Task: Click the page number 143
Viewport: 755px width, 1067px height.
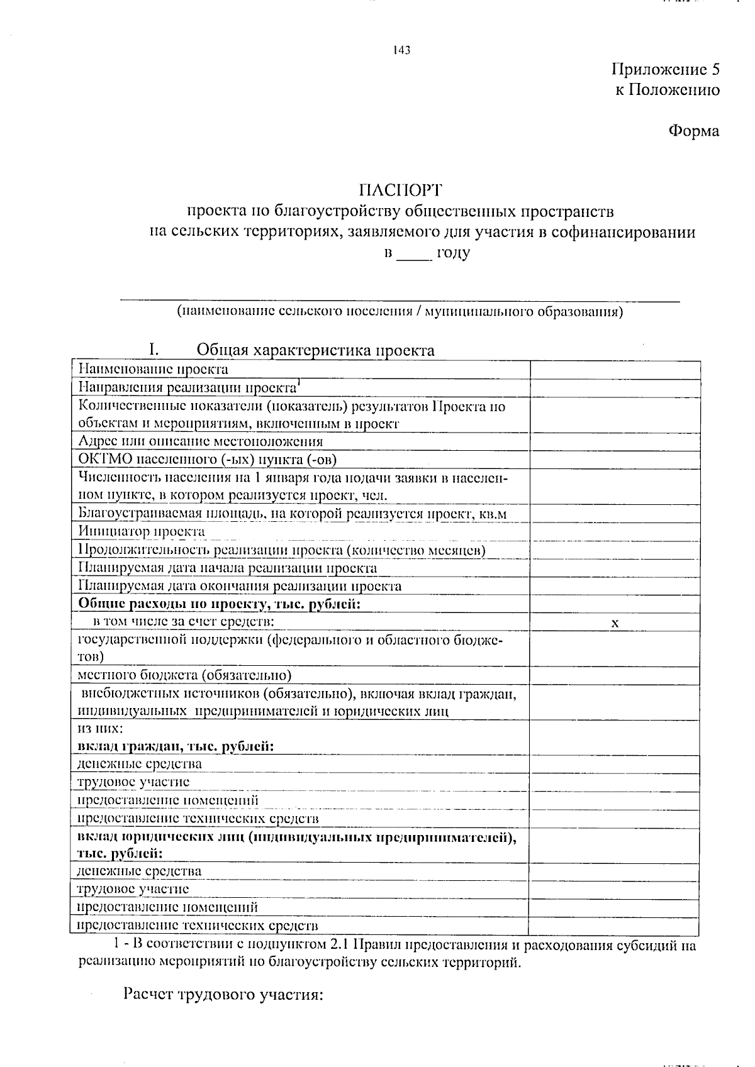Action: (401, 50)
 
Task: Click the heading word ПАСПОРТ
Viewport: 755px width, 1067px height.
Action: (401, 189)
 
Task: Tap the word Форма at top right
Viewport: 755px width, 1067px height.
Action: (693, 131)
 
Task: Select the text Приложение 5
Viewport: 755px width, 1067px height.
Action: (665, 70)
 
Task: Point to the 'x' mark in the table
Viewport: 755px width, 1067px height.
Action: (615, 622)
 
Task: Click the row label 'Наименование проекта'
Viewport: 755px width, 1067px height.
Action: (153, 370)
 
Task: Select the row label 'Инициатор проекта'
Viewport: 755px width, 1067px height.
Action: (142, 532)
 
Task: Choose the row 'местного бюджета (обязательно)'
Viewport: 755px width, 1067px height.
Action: (184, 676)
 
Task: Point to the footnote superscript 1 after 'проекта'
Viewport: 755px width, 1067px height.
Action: (299, 383)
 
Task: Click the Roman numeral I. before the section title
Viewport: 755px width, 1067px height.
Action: (152, 350)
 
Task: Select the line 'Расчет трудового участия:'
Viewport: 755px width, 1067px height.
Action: (223, 995)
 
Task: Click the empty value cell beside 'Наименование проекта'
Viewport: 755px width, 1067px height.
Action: (615, 370)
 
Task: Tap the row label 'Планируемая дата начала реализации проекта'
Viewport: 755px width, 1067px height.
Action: (228, 568)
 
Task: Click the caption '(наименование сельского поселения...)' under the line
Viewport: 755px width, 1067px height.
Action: (400, 311)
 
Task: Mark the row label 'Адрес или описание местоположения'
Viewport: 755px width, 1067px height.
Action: (201, 441)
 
